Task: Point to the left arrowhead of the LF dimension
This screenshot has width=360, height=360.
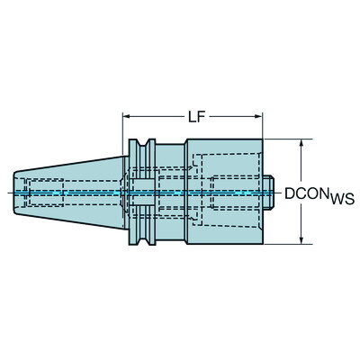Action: coord(128,117)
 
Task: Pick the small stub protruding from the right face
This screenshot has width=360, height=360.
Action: coord(269,192)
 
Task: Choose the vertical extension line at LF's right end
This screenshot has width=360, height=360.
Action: coord(264,130)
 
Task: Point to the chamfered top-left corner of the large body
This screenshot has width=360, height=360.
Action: coord(189,144)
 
